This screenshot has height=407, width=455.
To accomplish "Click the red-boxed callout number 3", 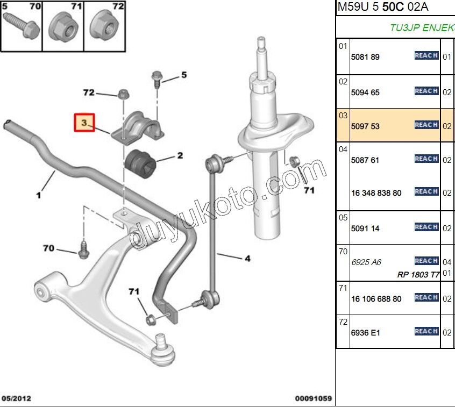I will click(x=84, y=123).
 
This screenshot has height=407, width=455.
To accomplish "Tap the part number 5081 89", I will click(x=365, y=57).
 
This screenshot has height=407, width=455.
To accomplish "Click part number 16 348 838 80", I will click(x=376, y=193).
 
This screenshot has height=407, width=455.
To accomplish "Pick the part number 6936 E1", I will click(x=365, y=333).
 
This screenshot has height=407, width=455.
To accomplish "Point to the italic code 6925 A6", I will click(x=366, y=262).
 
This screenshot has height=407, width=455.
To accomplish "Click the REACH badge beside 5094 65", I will click(x=426, y=91).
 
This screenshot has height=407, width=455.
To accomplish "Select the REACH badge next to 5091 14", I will click(x=426, y=227).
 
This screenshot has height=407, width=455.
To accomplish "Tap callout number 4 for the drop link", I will click(x=247, y=259).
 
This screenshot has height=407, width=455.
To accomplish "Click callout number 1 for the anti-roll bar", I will click(x=39, y=196).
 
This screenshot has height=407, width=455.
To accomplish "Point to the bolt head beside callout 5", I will click(x=157, y=76).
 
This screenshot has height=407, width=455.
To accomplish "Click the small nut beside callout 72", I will click(x=122, y=94).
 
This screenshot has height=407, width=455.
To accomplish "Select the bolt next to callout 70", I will click(x=83, y=250).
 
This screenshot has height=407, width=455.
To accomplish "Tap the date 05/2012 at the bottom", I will click(x=17, y=398).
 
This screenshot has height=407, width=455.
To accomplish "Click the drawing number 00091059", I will click(x=313, y=398).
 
